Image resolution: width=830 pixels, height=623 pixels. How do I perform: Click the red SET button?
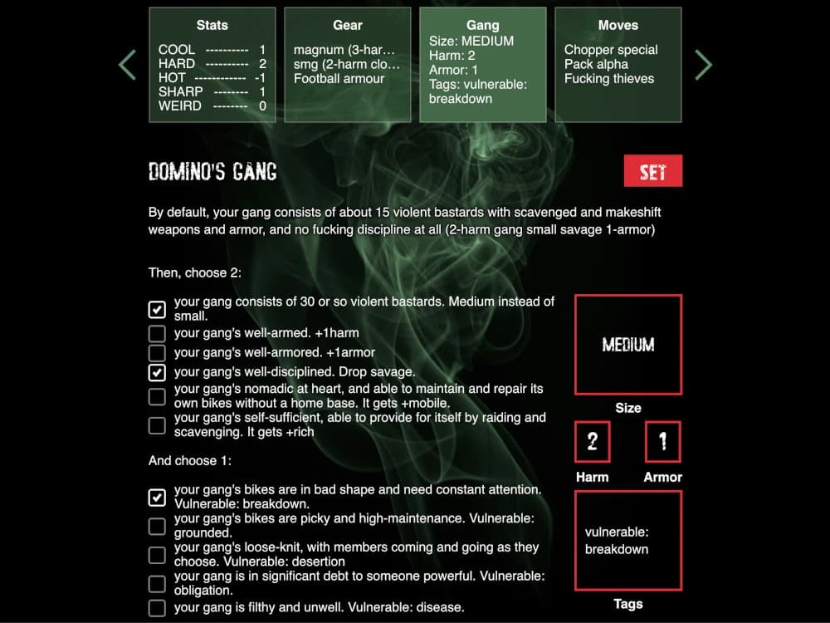click(x=653, y=171)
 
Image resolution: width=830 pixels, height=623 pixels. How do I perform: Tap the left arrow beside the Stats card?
click(x=127, y=65)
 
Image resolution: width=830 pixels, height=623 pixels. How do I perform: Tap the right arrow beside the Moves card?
click(x=703, y=65)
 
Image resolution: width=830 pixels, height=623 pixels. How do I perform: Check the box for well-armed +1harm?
click(x=157, y=333)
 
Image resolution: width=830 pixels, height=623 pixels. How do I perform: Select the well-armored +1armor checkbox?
click(x=157, y=353)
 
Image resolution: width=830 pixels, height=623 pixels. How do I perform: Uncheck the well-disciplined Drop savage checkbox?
click(x=157, y=372)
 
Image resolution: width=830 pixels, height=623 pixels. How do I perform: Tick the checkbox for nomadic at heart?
click(x=157, y=396)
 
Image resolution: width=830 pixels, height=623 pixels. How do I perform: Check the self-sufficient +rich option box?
click(x=157, y=425)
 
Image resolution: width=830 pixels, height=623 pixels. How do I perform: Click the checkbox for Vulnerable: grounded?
click(x=157, y=526)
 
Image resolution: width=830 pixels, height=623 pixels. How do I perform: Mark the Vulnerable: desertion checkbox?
click(x=157, y=555)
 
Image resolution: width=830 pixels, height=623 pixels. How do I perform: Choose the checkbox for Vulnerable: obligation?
click(x=157, y=583)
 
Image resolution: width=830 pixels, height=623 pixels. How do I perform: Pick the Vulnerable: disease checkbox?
click(x=157, y=608)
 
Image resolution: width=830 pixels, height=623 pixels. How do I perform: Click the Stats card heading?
click(x=212, y=26)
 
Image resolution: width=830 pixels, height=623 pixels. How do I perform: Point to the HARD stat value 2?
click(x=262, y=64)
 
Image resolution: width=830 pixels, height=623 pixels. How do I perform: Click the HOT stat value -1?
click(x=260, y=78)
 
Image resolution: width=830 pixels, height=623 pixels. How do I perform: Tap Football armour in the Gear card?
click(x=339, y=79)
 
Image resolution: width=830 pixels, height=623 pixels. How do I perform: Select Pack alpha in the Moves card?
click(x=596, y=64)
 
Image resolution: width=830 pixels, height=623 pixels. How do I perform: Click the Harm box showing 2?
click(x=592, y=442)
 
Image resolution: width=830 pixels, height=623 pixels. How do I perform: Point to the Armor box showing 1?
click(x=662, y=442)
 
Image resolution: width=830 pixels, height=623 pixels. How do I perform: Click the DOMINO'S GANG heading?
click(x=212, y=172)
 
